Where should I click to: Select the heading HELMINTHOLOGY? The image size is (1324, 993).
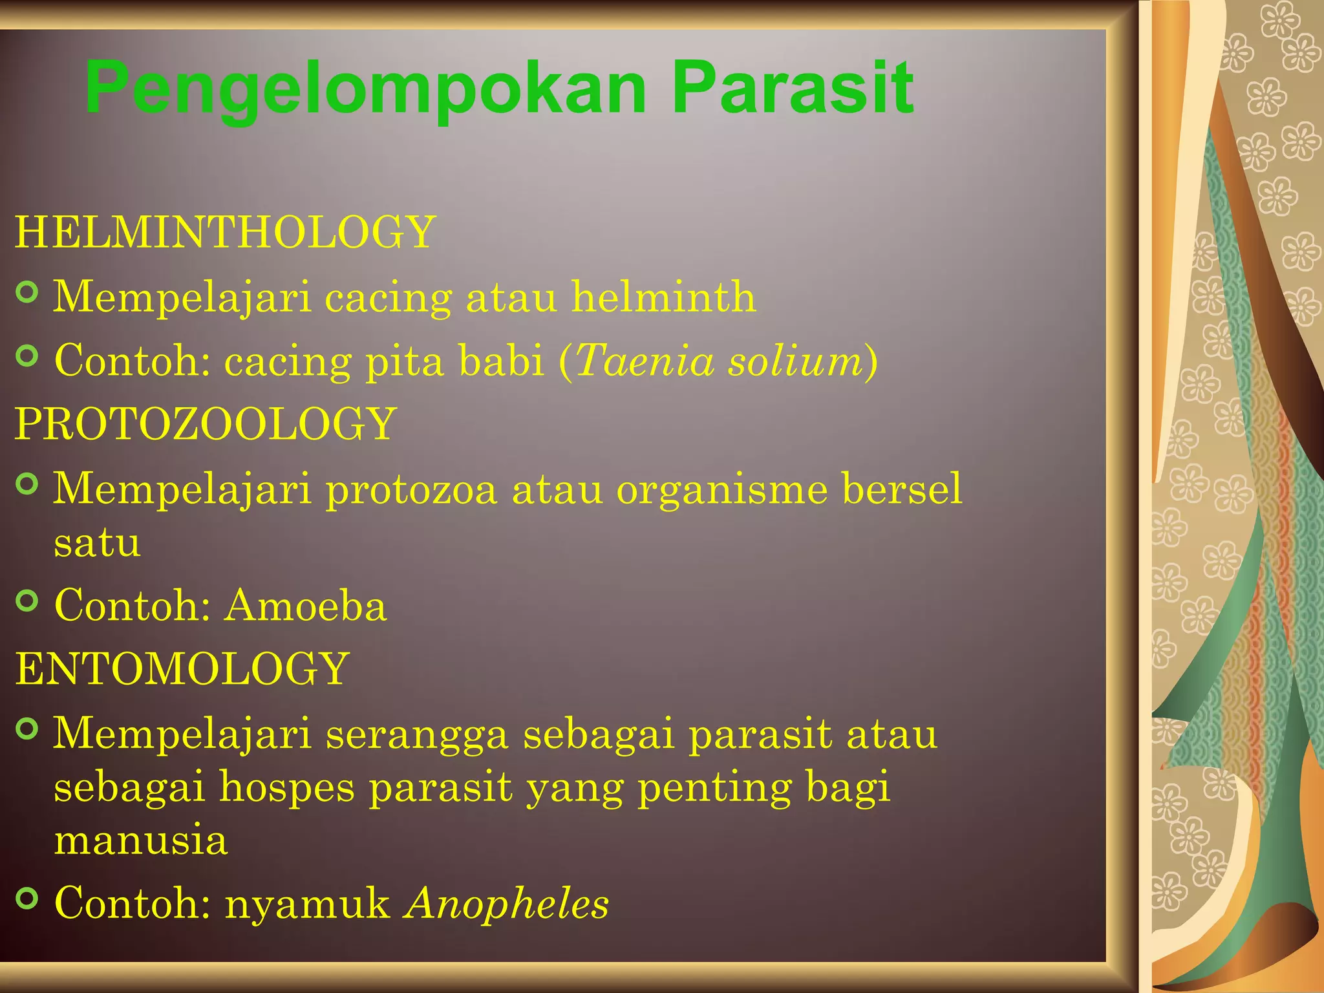click(x=225, y=232)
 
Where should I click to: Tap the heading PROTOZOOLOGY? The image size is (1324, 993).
click(x=206, y=424)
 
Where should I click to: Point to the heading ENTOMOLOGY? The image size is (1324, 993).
click(x=182, y=668)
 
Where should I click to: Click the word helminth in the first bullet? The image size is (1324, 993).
click(x=664, y=297)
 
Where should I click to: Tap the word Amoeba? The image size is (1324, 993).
click(x=306, y=606)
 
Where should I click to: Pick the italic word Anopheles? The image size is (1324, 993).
click(x=507, y=902)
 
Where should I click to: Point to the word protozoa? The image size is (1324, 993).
click(x=411, y=489)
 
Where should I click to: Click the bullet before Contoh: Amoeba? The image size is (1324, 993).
click(x=27, y=601)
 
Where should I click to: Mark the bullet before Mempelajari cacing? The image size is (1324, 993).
click(x=27, y=292)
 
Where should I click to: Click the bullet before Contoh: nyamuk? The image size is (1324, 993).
click(x=27, y=898)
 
